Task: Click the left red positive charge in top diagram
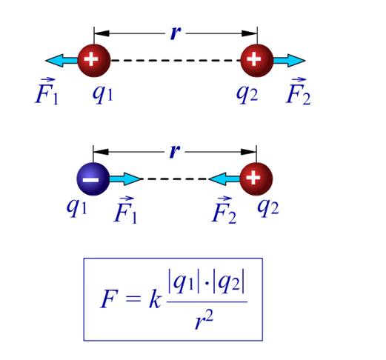(94, 60)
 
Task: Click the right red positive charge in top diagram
(257, 60)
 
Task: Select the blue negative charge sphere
(93, 179)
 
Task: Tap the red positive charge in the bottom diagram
(256, 179)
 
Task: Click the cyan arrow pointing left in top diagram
(61, 60)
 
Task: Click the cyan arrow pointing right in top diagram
(290, 60)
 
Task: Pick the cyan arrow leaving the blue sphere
(125, 179)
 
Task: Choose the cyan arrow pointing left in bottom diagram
(224, 179)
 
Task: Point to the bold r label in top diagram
(176, 33)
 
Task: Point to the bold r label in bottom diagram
(175, 151)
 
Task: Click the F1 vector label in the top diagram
(47, 92)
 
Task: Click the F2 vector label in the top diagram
(298, 92)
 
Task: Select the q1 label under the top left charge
(103, 94)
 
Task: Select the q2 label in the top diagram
(247, 94)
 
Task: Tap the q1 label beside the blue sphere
(77, 207)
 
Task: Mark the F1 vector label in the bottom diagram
(125, 210)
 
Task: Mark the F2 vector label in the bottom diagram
(224, 210)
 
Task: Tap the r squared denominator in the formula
(204, 320)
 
